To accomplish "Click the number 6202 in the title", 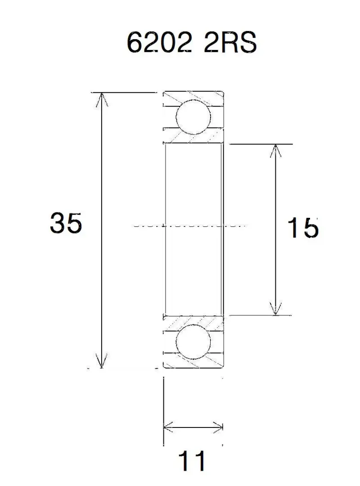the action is coord(159,42).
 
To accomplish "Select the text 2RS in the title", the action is coord(230,42).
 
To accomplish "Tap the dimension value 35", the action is coord(66,223).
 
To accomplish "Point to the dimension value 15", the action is coord(303,228).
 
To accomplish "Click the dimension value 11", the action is coord(192,460).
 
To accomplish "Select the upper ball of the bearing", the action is coord(193,117).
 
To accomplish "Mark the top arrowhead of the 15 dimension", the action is coord(276,151).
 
